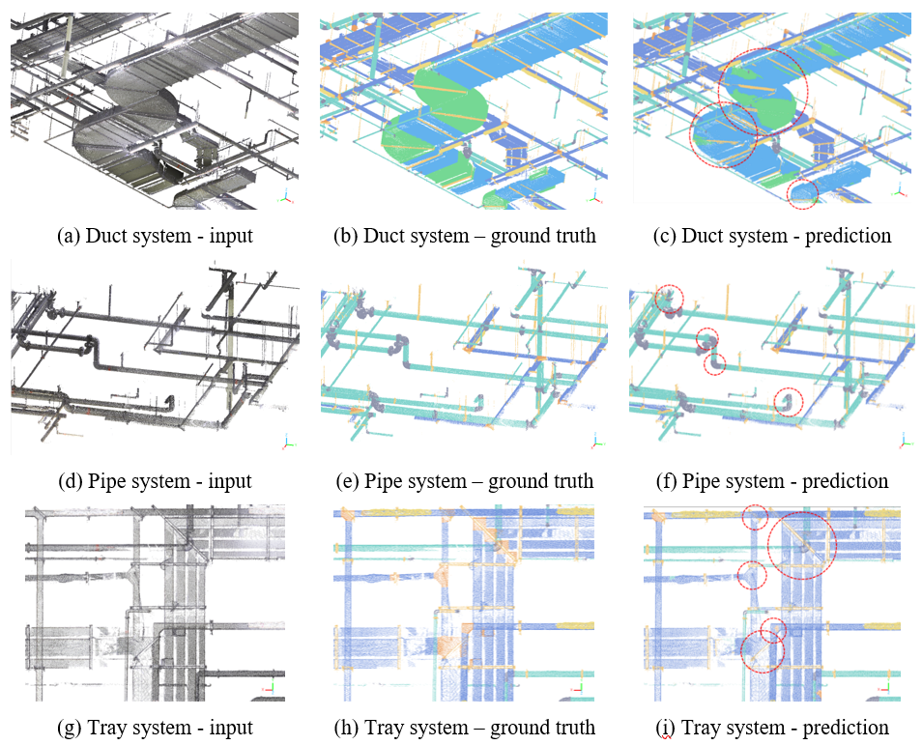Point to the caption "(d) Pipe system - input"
click(x=155, y=480)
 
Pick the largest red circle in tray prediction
click(x=800, y=545)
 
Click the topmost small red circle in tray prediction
click(x=755, y=518)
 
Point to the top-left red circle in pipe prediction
click(x=668, y=300)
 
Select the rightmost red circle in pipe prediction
click(x=789, y=401)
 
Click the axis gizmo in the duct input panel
click(x=286, y=195)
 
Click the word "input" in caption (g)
click(x=231, y=728)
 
